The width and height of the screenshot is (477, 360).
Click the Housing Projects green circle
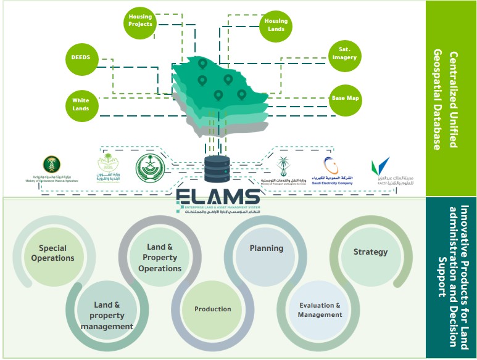tap(141, 20)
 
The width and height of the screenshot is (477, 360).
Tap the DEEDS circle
tap(81, 59)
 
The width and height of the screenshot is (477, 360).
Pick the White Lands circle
tap(80, 104)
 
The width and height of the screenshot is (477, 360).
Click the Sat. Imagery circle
tap(344, 53)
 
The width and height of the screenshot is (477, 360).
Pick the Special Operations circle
tap(52, 253)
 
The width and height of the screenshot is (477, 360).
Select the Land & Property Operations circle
tap(160, 258)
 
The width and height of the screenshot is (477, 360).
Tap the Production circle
tap(212, 309)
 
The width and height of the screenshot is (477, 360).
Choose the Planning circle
tap(266, 248)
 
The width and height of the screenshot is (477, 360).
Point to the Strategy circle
tap(370, 252)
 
